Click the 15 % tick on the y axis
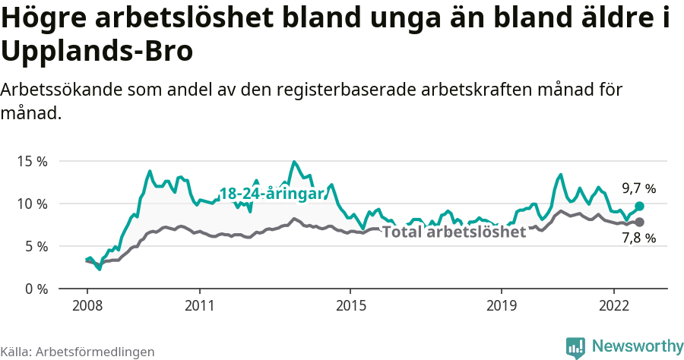point(31,161)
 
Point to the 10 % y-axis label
point(31,204)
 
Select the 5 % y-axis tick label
point(35,246)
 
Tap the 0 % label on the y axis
point(35,289)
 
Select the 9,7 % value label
point(638,188)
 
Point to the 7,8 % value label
point(638,238)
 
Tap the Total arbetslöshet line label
point(454,232)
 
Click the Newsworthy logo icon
point(575,347)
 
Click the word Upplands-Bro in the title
point(97,52)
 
